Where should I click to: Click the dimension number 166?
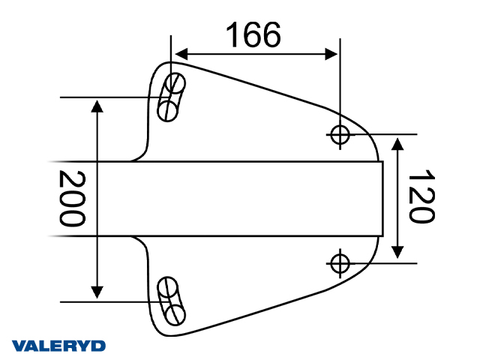coord(253,34)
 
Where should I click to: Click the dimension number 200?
coord(73,199)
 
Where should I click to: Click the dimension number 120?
coord(421,196)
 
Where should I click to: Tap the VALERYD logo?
coord(59,346)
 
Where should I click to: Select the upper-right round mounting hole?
coord(340,134)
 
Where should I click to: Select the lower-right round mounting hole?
coord(340,263)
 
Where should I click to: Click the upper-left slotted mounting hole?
coord(171,97)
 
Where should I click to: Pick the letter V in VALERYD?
coord(19,346)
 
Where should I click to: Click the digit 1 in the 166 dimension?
coord(232,34)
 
